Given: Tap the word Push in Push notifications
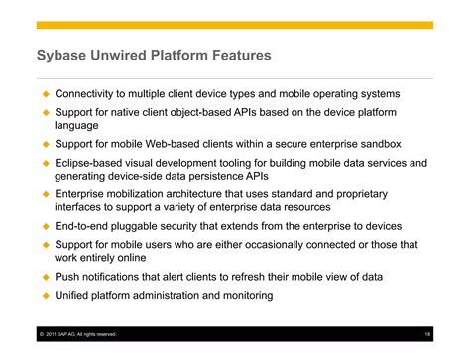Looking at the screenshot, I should pyautogui.click(x=67, y=276).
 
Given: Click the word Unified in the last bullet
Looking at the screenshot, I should pyautogui.click(x=75, y=295).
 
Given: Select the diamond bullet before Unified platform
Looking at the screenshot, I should pyautogui.click(x=44, y=295).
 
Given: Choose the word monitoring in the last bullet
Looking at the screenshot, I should pyautogui.click(x=243, y=295).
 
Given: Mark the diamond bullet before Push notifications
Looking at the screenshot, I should pyautogui.click(x=44, y=276).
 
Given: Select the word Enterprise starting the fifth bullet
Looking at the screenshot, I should pyautogui.click(x=84, y=193).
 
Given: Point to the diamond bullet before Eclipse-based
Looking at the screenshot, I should pyautogui.click(x=44, y=162).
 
